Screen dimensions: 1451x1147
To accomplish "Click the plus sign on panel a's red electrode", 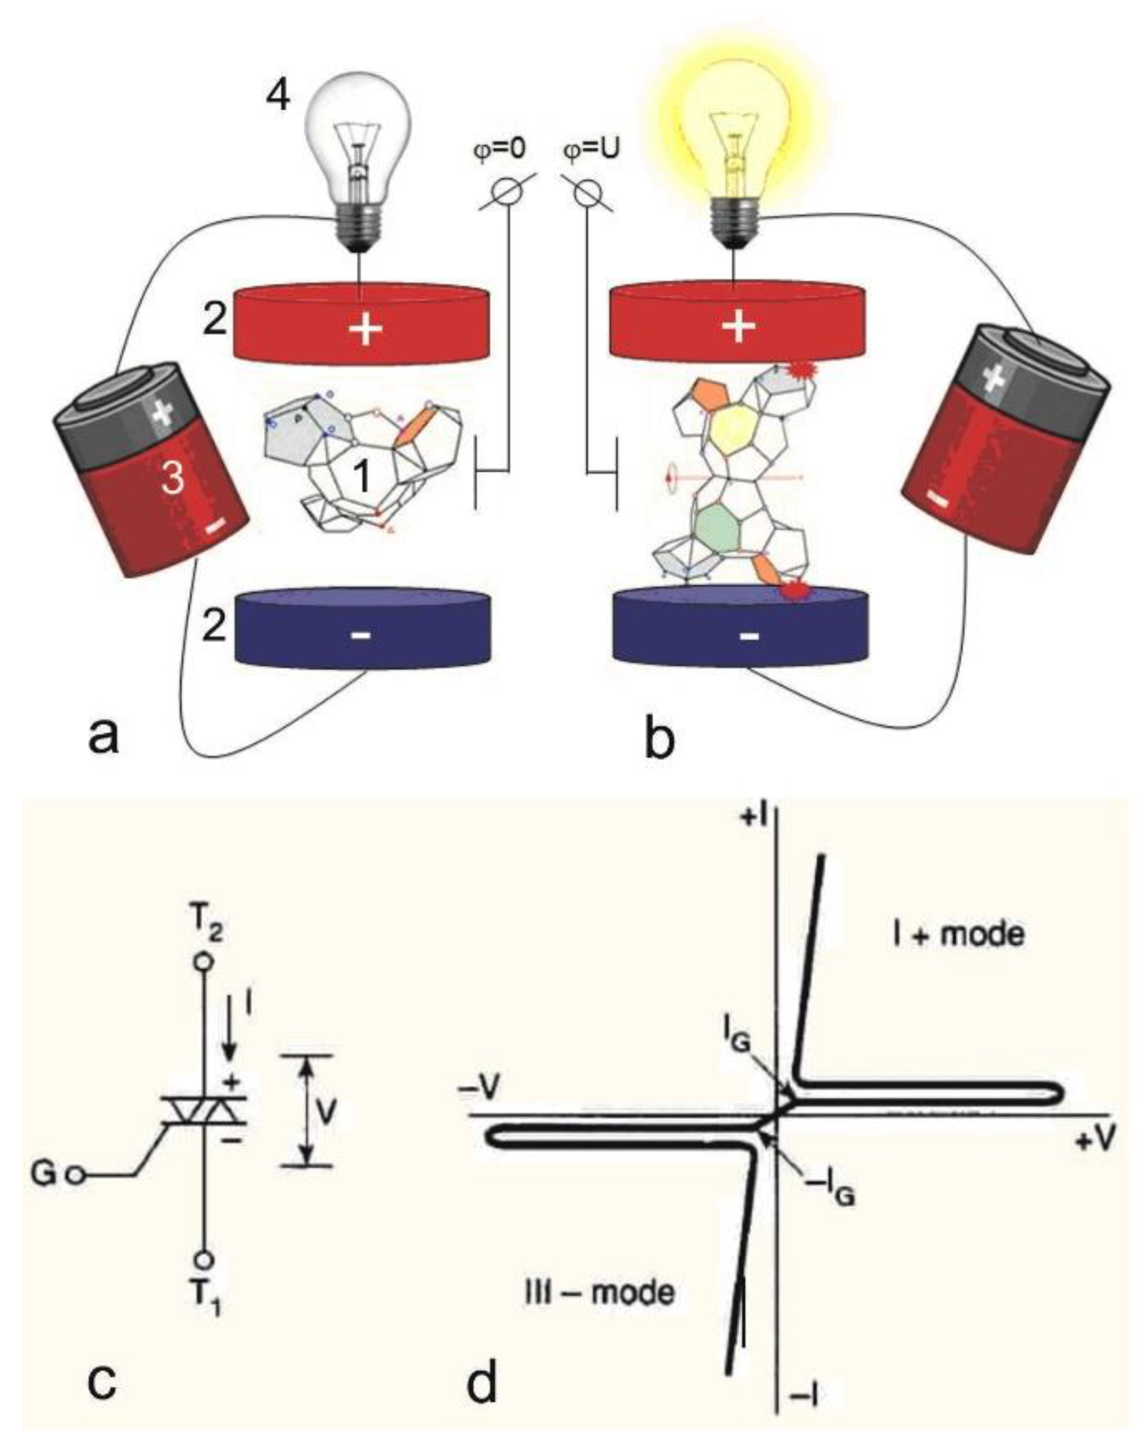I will point(365,328).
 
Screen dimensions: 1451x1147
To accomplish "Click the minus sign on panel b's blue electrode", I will point(749,634).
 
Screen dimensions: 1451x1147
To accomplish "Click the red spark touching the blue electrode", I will point(794,589).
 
